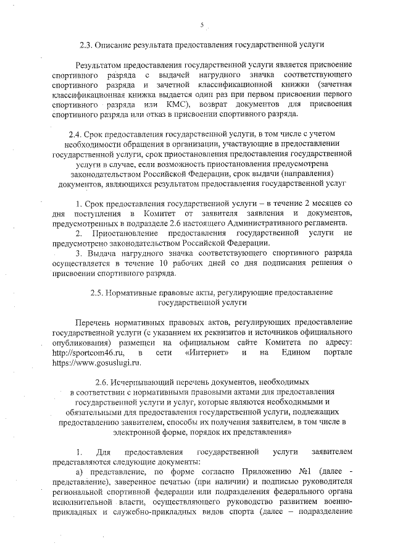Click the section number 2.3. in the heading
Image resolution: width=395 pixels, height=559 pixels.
[x=89, y=45]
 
